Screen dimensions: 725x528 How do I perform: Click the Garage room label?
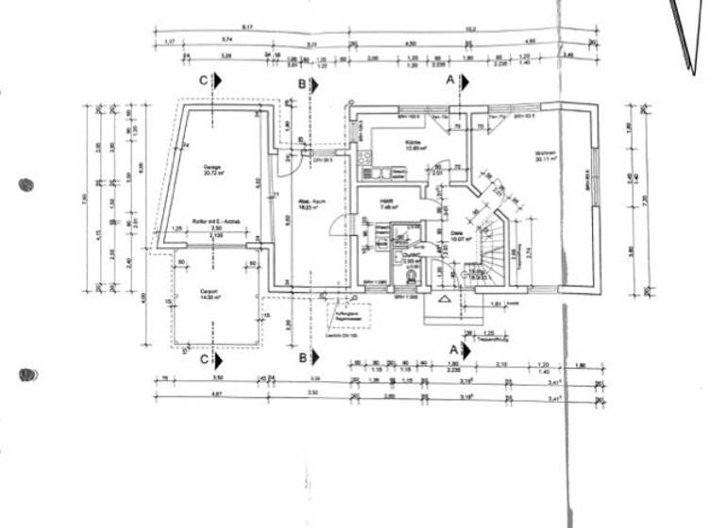tap(211, 170)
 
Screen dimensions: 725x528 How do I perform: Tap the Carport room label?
tap(211, 293)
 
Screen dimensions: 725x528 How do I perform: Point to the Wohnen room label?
tap(546, 156)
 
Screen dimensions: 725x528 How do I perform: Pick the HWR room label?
tap(387, 203)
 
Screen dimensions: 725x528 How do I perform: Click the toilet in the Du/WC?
tap(411, 273)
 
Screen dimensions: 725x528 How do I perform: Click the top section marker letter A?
tap(450, 81)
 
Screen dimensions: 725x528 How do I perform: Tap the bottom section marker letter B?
tap(302, 358)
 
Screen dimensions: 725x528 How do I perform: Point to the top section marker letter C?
tap(204, 81)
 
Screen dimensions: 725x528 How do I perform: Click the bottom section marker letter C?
tap(204, 358)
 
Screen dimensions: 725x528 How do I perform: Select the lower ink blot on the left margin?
tap(29, 374)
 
